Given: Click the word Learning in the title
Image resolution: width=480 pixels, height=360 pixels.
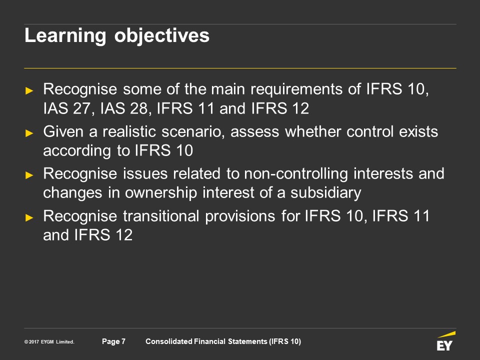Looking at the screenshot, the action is pos(65,36).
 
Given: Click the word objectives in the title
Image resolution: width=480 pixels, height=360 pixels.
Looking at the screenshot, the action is pos(162,36).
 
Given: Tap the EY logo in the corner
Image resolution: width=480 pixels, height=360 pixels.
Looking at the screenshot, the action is pos(445,341).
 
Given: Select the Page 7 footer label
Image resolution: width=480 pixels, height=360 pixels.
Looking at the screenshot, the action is pos(113,341).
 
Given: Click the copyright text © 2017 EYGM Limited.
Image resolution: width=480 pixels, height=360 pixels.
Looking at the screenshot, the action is pos(49,341).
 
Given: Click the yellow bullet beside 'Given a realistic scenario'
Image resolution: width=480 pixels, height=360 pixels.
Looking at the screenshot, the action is pos(29,133).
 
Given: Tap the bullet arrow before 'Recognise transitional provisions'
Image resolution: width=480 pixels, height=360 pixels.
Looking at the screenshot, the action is pos(29,217).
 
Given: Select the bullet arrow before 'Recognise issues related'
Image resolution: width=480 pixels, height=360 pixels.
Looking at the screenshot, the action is pos(29,175).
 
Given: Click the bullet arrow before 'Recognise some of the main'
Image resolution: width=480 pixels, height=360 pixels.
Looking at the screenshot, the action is pos(29,90).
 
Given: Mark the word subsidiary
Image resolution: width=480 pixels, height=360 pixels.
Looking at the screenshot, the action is pos(325,193).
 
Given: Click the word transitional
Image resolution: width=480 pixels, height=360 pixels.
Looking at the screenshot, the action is pos(161,216).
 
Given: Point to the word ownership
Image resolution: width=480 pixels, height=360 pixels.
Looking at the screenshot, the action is pos(160,193).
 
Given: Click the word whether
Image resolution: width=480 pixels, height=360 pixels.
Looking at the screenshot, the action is pos(313,132).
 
